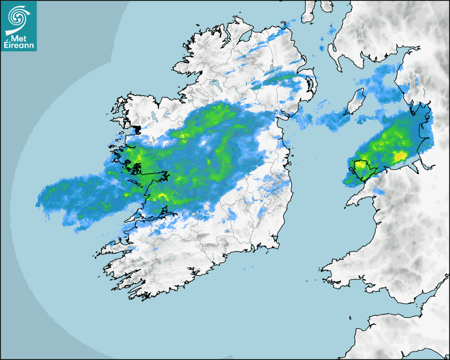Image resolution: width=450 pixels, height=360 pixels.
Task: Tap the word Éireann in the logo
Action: [x=20, y=46]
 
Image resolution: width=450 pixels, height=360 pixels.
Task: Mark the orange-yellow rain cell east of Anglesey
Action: [x=399, y=156]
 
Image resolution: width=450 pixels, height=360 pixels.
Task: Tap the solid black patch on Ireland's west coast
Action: [x=137, y=129]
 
